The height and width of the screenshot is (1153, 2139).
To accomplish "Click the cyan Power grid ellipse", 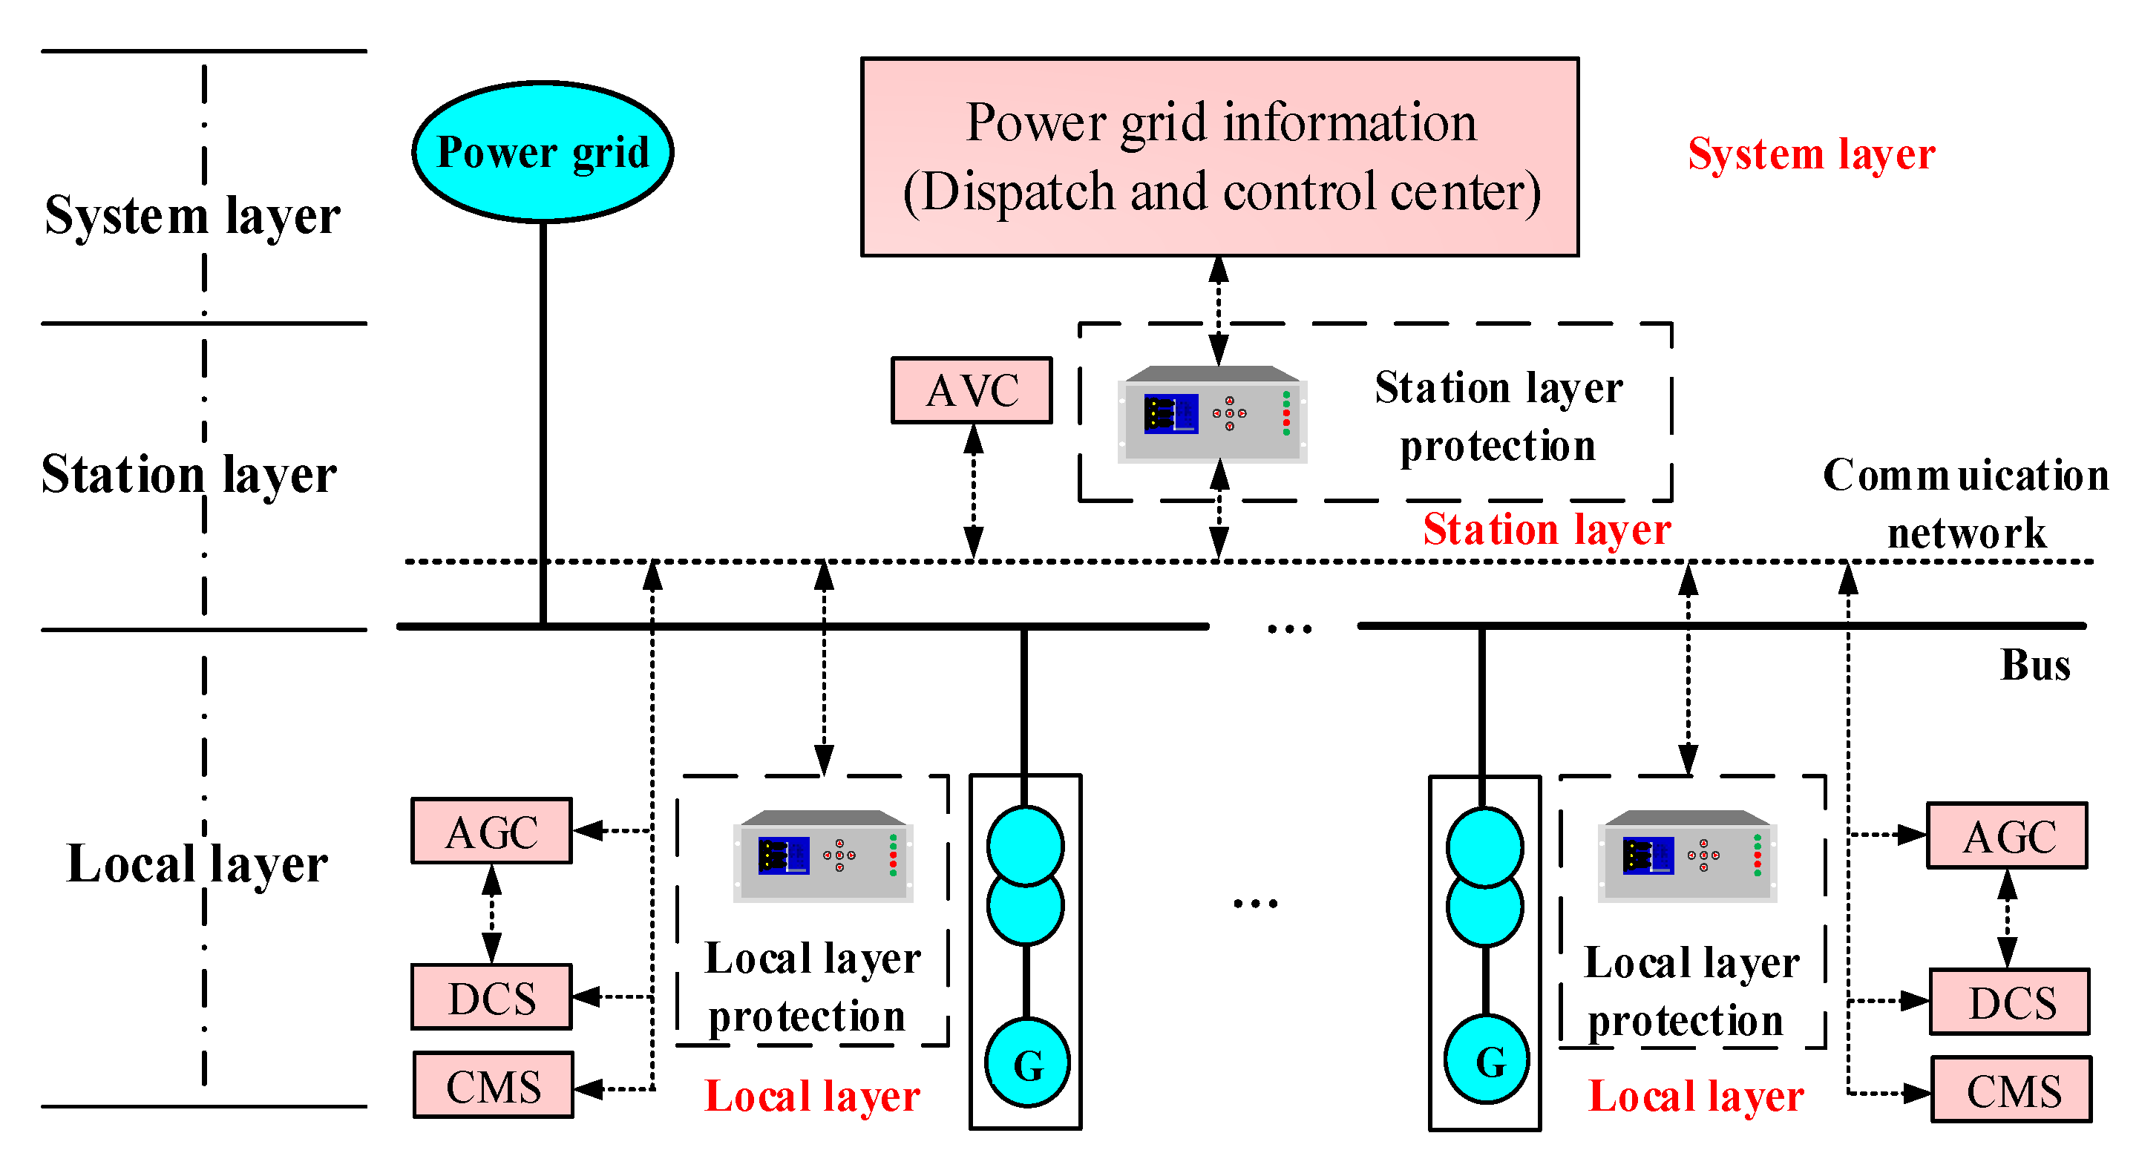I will pos(543,152).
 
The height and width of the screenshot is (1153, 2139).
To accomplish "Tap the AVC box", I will pos(972,390).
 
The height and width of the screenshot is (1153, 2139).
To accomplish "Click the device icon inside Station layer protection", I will pos(1212,414).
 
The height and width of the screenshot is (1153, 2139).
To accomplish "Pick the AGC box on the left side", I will pos(491,832).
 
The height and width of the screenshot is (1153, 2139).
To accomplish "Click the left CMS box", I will pos(494,1085).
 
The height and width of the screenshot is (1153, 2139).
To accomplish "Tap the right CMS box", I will pos(2012,1090).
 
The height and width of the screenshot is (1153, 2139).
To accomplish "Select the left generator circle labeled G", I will pos(1027,1063).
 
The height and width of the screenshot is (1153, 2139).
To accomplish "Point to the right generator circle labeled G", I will pos(1487,1060).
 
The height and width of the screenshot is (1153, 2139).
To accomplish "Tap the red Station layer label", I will pos(1546,530).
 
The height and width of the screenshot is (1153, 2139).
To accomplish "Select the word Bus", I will pos(2034,665).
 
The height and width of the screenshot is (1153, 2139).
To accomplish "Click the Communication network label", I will pos(1965,503).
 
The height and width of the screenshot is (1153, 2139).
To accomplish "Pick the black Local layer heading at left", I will pos(197,864).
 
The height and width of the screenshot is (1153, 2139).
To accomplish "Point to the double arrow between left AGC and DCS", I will pos(491,914).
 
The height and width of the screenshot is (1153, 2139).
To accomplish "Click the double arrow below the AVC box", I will pos(973,491).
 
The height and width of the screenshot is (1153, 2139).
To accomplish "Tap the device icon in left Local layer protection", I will pos(823,855).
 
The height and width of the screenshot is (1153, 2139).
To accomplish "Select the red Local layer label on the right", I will pos(1696,1096).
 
